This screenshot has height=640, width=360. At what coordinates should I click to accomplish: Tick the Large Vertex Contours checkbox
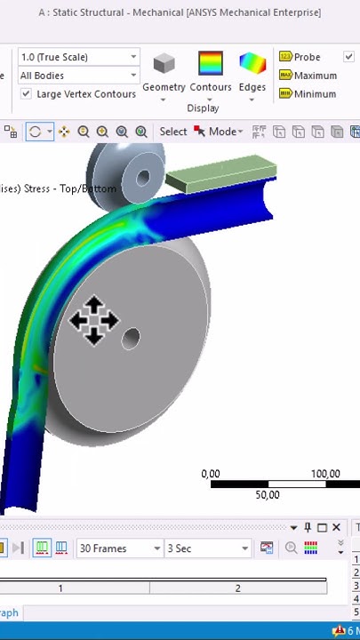(27, 94)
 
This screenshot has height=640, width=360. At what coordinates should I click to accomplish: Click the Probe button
(300, 57)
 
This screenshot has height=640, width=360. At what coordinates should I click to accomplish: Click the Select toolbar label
(173, 132)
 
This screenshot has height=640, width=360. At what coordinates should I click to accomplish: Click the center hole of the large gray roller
(132, 338)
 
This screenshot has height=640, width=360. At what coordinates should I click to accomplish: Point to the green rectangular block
(218, 173)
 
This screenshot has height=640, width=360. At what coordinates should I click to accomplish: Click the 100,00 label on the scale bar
(324, 474)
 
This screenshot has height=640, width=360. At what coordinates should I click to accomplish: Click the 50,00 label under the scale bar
(267, 495)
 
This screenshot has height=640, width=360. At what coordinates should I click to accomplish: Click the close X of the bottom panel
(337, 527)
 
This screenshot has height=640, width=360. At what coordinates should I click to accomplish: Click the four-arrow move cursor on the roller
(93, 320)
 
